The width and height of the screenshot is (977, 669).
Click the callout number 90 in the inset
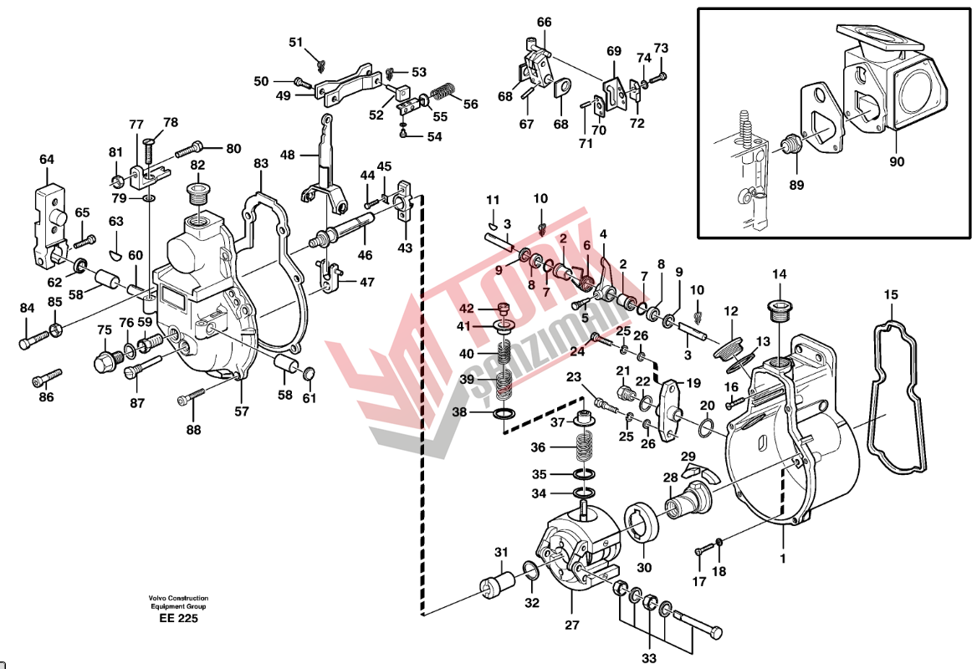coord(896,161)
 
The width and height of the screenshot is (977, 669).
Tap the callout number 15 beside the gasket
coord(891,294)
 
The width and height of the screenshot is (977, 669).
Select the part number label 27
coord(571,624)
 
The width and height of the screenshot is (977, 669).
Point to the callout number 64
coord(46,159)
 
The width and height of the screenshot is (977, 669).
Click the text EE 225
coord(178,619)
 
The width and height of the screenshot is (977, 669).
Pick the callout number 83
coord(261,163)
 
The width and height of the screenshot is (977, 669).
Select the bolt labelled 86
coord(48,378)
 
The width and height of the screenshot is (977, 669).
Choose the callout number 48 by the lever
coord(288,155)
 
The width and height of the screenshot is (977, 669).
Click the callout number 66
coord(545,23)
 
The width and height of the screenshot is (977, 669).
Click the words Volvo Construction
coord(178,599)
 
